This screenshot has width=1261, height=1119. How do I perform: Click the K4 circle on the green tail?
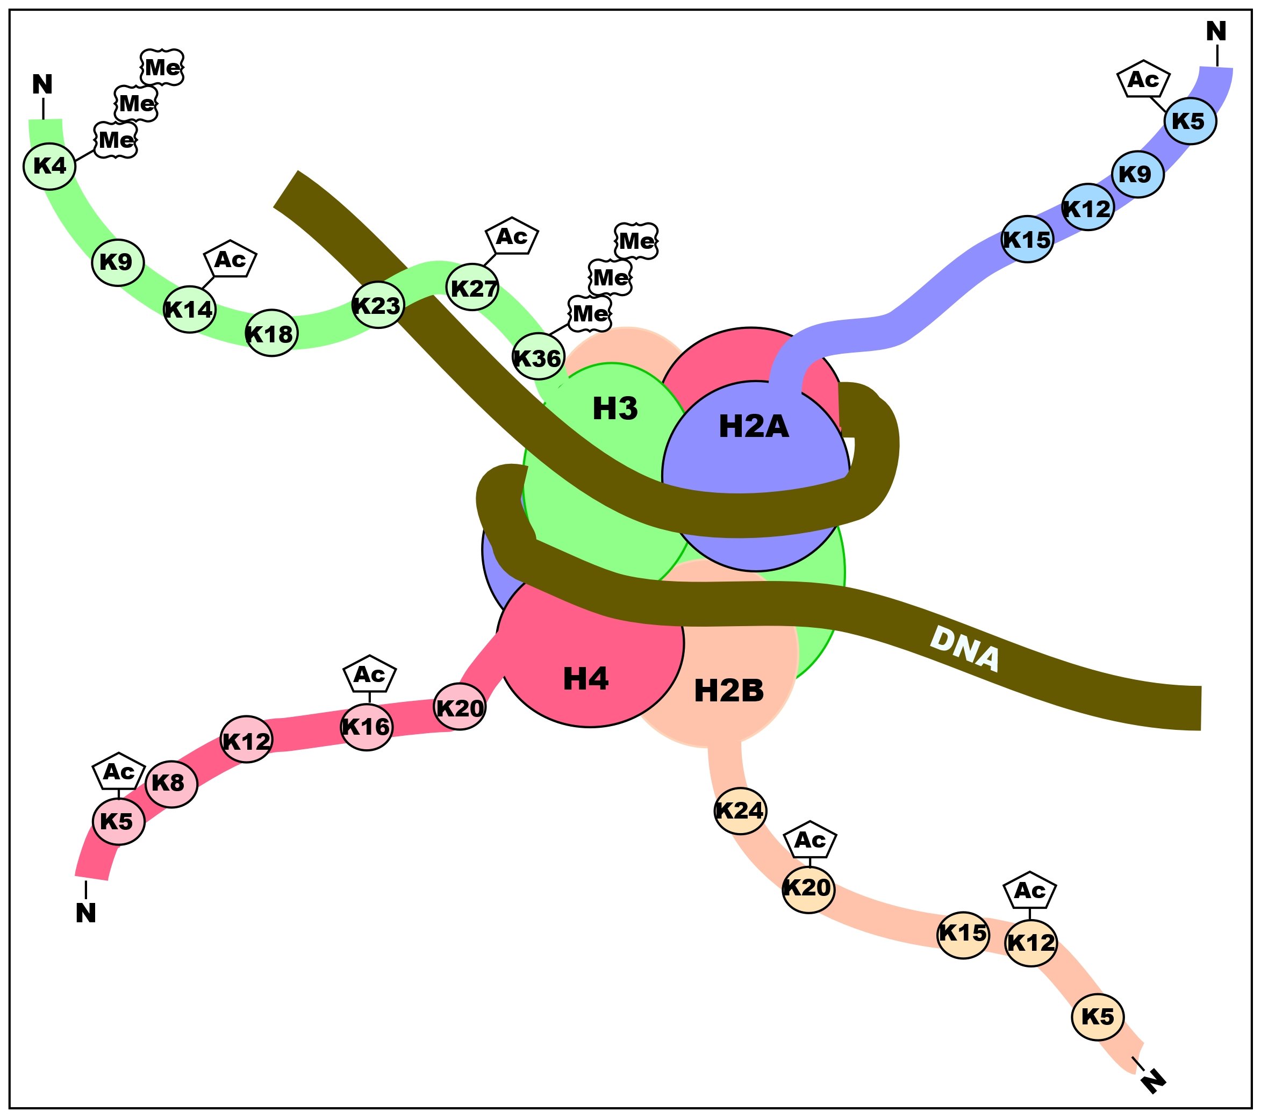tap(49, 166)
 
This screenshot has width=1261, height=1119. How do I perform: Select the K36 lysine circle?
tap(538, 358)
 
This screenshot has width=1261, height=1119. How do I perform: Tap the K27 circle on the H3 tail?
tap(473, 288)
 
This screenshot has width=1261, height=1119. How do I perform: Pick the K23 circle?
tap(377, 305)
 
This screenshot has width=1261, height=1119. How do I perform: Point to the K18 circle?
tap(271, 334)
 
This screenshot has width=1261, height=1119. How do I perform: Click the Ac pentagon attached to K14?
tap(230, 260)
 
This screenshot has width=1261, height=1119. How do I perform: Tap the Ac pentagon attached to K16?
tap(369, 675)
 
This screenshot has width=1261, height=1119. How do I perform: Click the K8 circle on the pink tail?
tap(171, 784)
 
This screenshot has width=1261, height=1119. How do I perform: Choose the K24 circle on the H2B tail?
tap(740, 810)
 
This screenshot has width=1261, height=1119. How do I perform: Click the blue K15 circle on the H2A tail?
tap(1027, 239)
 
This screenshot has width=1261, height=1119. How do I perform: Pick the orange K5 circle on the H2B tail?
tap(1098, 1016)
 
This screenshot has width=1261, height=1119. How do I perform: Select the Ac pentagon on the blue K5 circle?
tap(1143, 80)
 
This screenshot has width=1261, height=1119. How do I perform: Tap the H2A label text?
tap(754, 426)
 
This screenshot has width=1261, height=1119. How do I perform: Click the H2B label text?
tap(728, 691)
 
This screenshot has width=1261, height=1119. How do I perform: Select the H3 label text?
tap(615, 408)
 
